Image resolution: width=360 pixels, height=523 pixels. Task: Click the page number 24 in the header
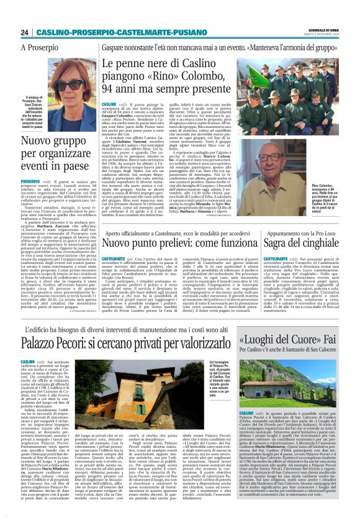(x=24, y=32)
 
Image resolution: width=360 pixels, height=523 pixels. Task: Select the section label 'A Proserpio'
(x=39, y=47)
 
